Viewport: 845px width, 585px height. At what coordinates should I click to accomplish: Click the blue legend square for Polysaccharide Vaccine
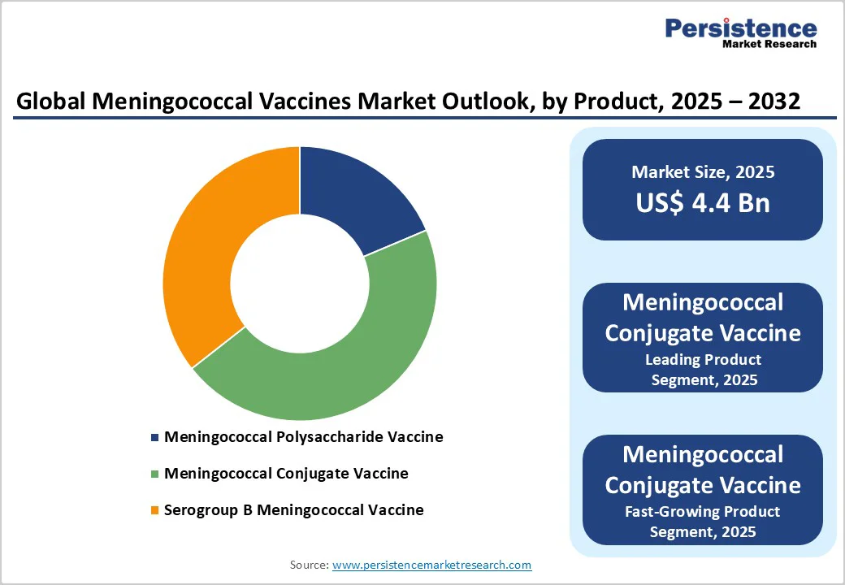(x=155, y=437)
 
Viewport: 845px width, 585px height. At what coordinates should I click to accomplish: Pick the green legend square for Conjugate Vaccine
(x=155, y=474)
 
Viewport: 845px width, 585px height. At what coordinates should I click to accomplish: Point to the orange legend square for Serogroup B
(x=155, y=511)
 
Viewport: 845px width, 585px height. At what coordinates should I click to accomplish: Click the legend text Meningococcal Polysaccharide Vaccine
(x=304, y=437)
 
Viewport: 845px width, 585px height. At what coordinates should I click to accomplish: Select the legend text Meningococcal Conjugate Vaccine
(x=286, y=474)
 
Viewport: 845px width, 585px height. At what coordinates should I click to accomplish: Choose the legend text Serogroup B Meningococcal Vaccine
(x=294, y=511)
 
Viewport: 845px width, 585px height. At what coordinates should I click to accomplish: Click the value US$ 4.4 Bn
(x=703, y=202)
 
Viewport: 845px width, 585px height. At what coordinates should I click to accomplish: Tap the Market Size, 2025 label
(x=703, y=172)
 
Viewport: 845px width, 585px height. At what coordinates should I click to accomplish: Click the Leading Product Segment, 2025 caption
(x=703, y=370)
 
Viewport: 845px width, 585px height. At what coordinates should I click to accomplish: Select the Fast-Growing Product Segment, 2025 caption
(x=703, y=522)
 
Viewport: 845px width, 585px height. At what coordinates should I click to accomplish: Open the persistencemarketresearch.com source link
(x=431, y=565)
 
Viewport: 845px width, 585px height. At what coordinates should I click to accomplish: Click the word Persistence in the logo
(x=741, y=28)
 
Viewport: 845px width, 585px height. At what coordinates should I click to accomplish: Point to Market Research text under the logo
(x=769, y=44)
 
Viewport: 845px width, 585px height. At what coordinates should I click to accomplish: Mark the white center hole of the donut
(x=300, y=283)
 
